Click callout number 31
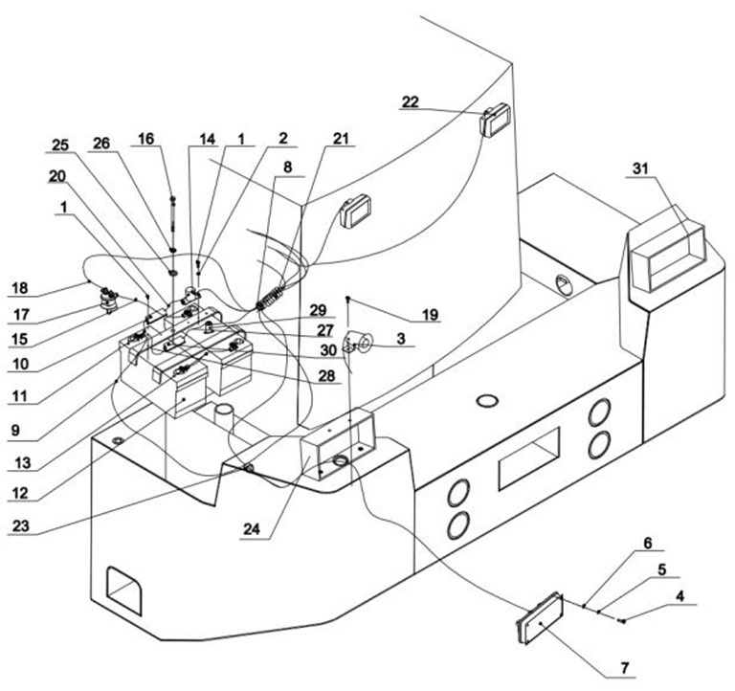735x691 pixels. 640,168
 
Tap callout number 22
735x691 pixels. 411,101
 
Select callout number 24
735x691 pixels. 252,529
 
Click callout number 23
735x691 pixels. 21,526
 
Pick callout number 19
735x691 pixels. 430,314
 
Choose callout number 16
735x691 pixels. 145,139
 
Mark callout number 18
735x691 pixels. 20,288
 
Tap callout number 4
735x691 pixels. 679,596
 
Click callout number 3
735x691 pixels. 401,339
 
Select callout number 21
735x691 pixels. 341,138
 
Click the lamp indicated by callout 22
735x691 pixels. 495,119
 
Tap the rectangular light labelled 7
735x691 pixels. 539,619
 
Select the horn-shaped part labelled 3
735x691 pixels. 360,340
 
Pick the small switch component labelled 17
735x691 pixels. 109,301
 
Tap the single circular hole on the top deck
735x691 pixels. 487,401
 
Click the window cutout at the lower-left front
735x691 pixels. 124,591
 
